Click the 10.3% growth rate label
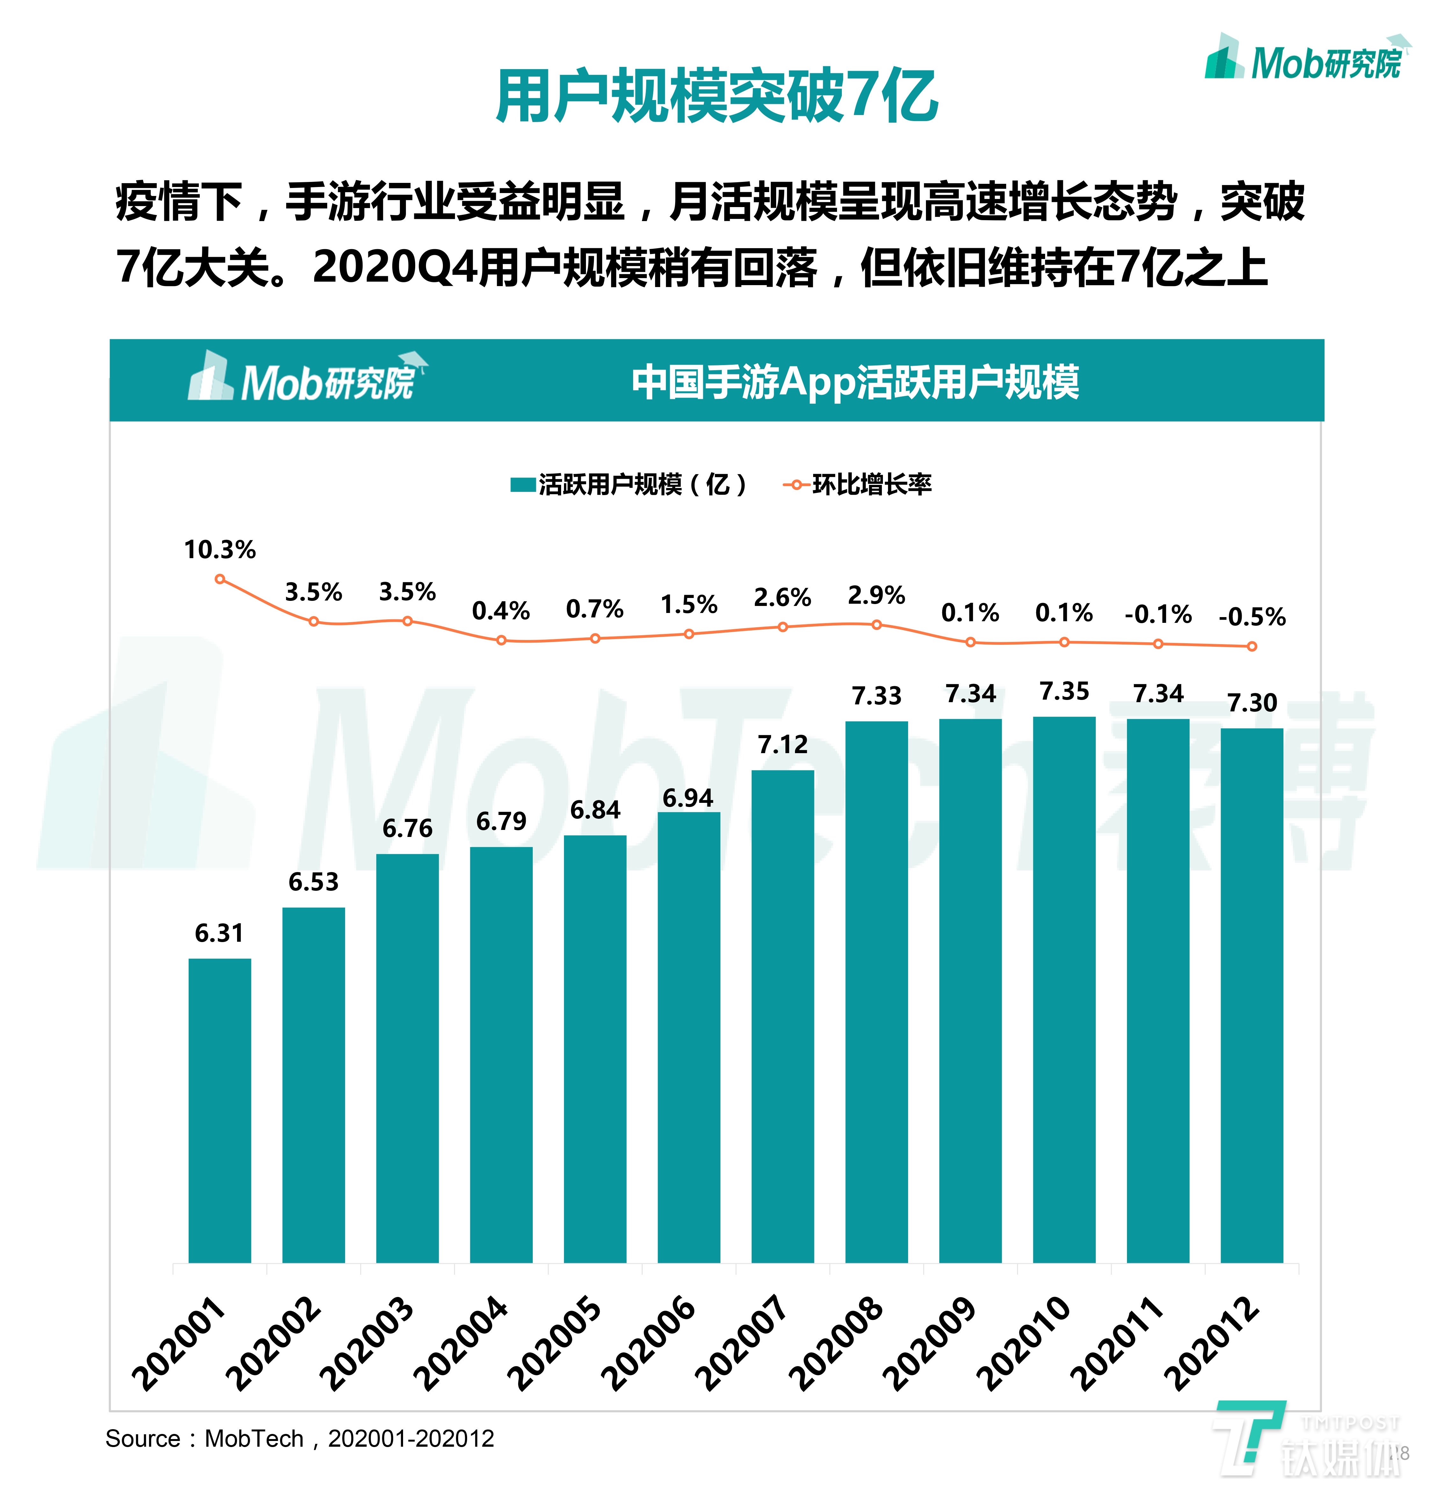220,550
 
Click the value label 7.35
1064,691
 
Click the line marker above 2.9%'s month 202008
877,625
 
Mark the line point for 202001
220,579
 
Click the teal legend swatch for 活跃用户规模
523,485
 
